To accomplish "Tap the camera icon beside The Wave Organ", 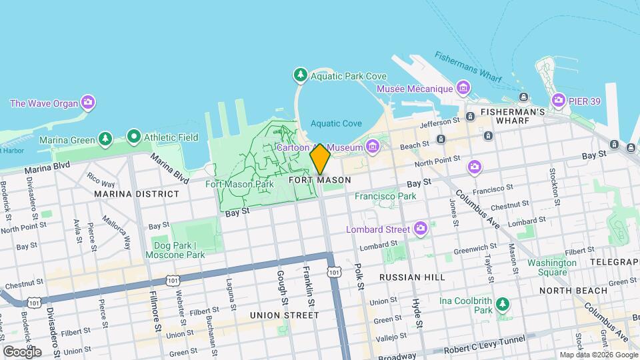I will point(87,103).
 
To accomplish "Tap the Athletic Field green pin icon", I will point(133,137).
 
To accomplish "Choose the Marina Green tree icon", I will point(105,139).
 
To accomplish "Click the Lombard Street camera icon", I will point(420,229).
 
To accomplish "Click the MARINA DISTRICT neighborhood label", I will point(137,194).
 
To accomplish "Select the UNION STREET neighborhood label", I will point(284,315).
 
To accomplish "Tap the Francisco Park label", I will point(385,196).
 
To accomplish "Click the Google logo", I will point(22,351).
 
